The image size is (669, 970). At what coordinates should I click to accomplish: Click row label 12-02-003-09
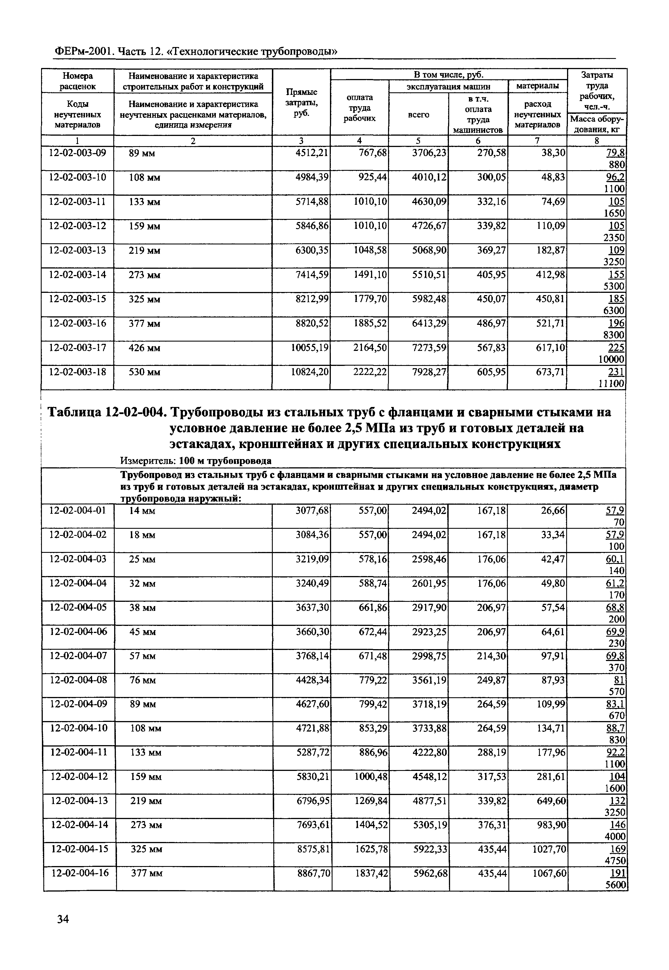point(78,153)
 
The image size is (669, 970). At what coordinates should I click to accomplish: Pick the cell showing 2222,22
point(370,372)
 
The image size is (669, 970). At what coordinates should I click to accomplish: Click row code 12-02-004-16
point(80,873)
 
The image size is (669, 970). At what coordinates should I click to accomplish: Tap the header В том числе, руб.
point(449,74)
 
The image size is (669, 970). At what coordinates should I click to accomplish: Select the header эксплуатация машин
point(449,86)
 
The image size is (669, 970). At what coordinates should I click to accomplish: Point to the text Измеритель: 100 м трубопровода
point(196,461)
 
